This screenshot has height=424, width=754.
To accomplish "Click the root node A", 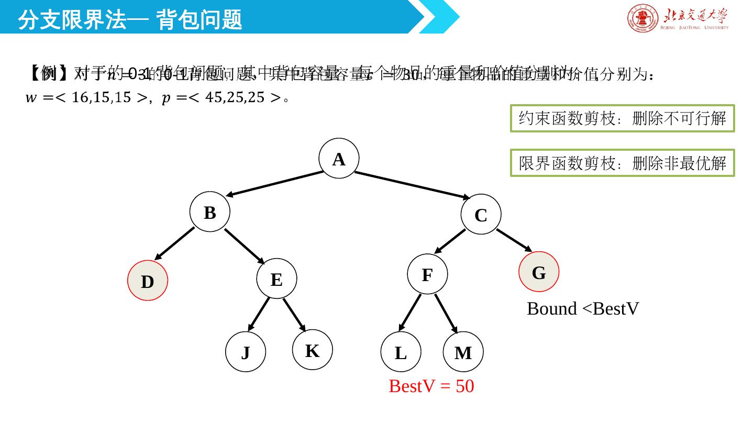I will pos(339,158).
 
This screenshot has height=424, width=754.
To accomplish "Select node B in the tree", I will pos(209,212).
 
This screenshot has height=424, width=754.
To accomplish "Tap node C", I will pos(481,215).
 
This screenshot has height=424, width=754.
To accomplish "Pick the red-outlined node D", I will pos(148,281).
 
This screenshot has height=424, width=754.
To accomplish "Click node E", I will pos(276,278).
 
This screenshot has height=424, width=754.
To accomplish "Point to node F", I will pos(427,274).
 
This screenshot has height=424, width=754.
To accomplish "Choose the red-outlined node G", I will pos(539,272).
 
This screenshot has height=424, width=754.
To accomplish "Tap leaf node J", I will pos(246,352).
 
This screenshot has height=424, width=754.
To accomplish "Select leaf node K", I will pos(312,350).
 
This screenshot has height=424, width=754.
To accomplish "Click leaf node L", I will pos(401,352).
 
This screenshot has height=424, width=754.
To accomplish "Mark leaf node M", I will pos(463,352).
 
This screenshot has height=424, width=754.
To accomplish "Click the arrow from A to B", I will pos(275,184).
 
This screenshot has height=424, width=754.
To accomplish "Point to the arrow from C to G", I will pos(514,240).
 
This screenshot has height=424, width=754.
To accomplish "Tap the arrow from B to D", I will pos(174,243).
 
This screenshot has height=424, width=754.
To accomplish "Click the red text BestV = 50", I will pos(431,386).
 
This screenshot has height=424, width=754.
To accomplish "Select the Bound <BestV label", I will pos(582,309).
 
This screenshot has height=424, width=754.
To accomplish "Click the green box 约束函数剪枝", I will pos(622,118).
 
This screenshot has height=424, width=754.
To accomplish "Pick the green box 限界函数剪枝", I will pos(622,163).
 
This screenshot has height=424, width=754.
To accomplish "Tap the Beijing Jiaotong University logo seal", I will pos(642,18).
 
